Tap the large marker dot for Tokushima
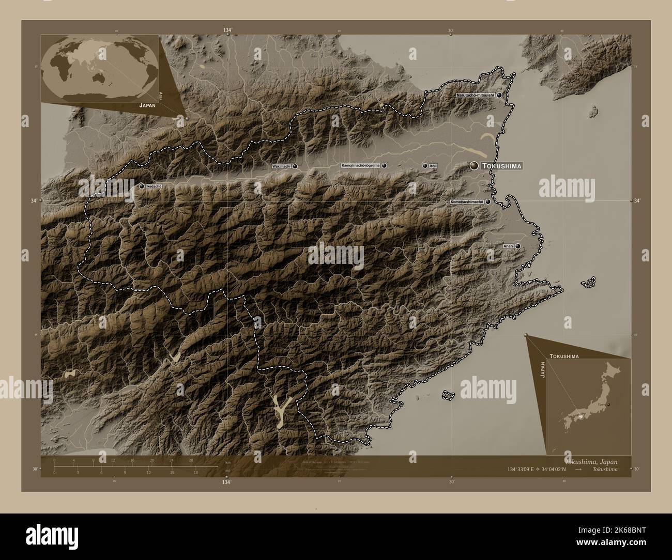coord(474,165)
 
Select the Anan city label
coord(508,246)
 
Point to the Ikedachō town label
coord(154,186)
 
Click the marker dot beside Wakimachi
coord(295,166)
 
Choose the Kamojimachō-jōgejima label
coord(360,165)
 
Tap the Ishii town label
coord(433,166)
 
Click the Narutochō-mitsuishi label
coord(475,95)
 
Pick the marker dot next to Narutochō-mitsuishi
coord(499,95)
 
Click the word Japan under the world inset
coord(147,104)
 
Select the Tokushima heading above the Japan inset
coord(564,356)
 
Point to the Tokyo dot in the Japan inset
coord(608,405)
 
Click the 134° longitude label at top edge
coord(227,31)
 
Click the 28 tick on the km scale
coord(191,460)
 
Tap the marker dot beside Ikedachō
coord(142,186)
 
